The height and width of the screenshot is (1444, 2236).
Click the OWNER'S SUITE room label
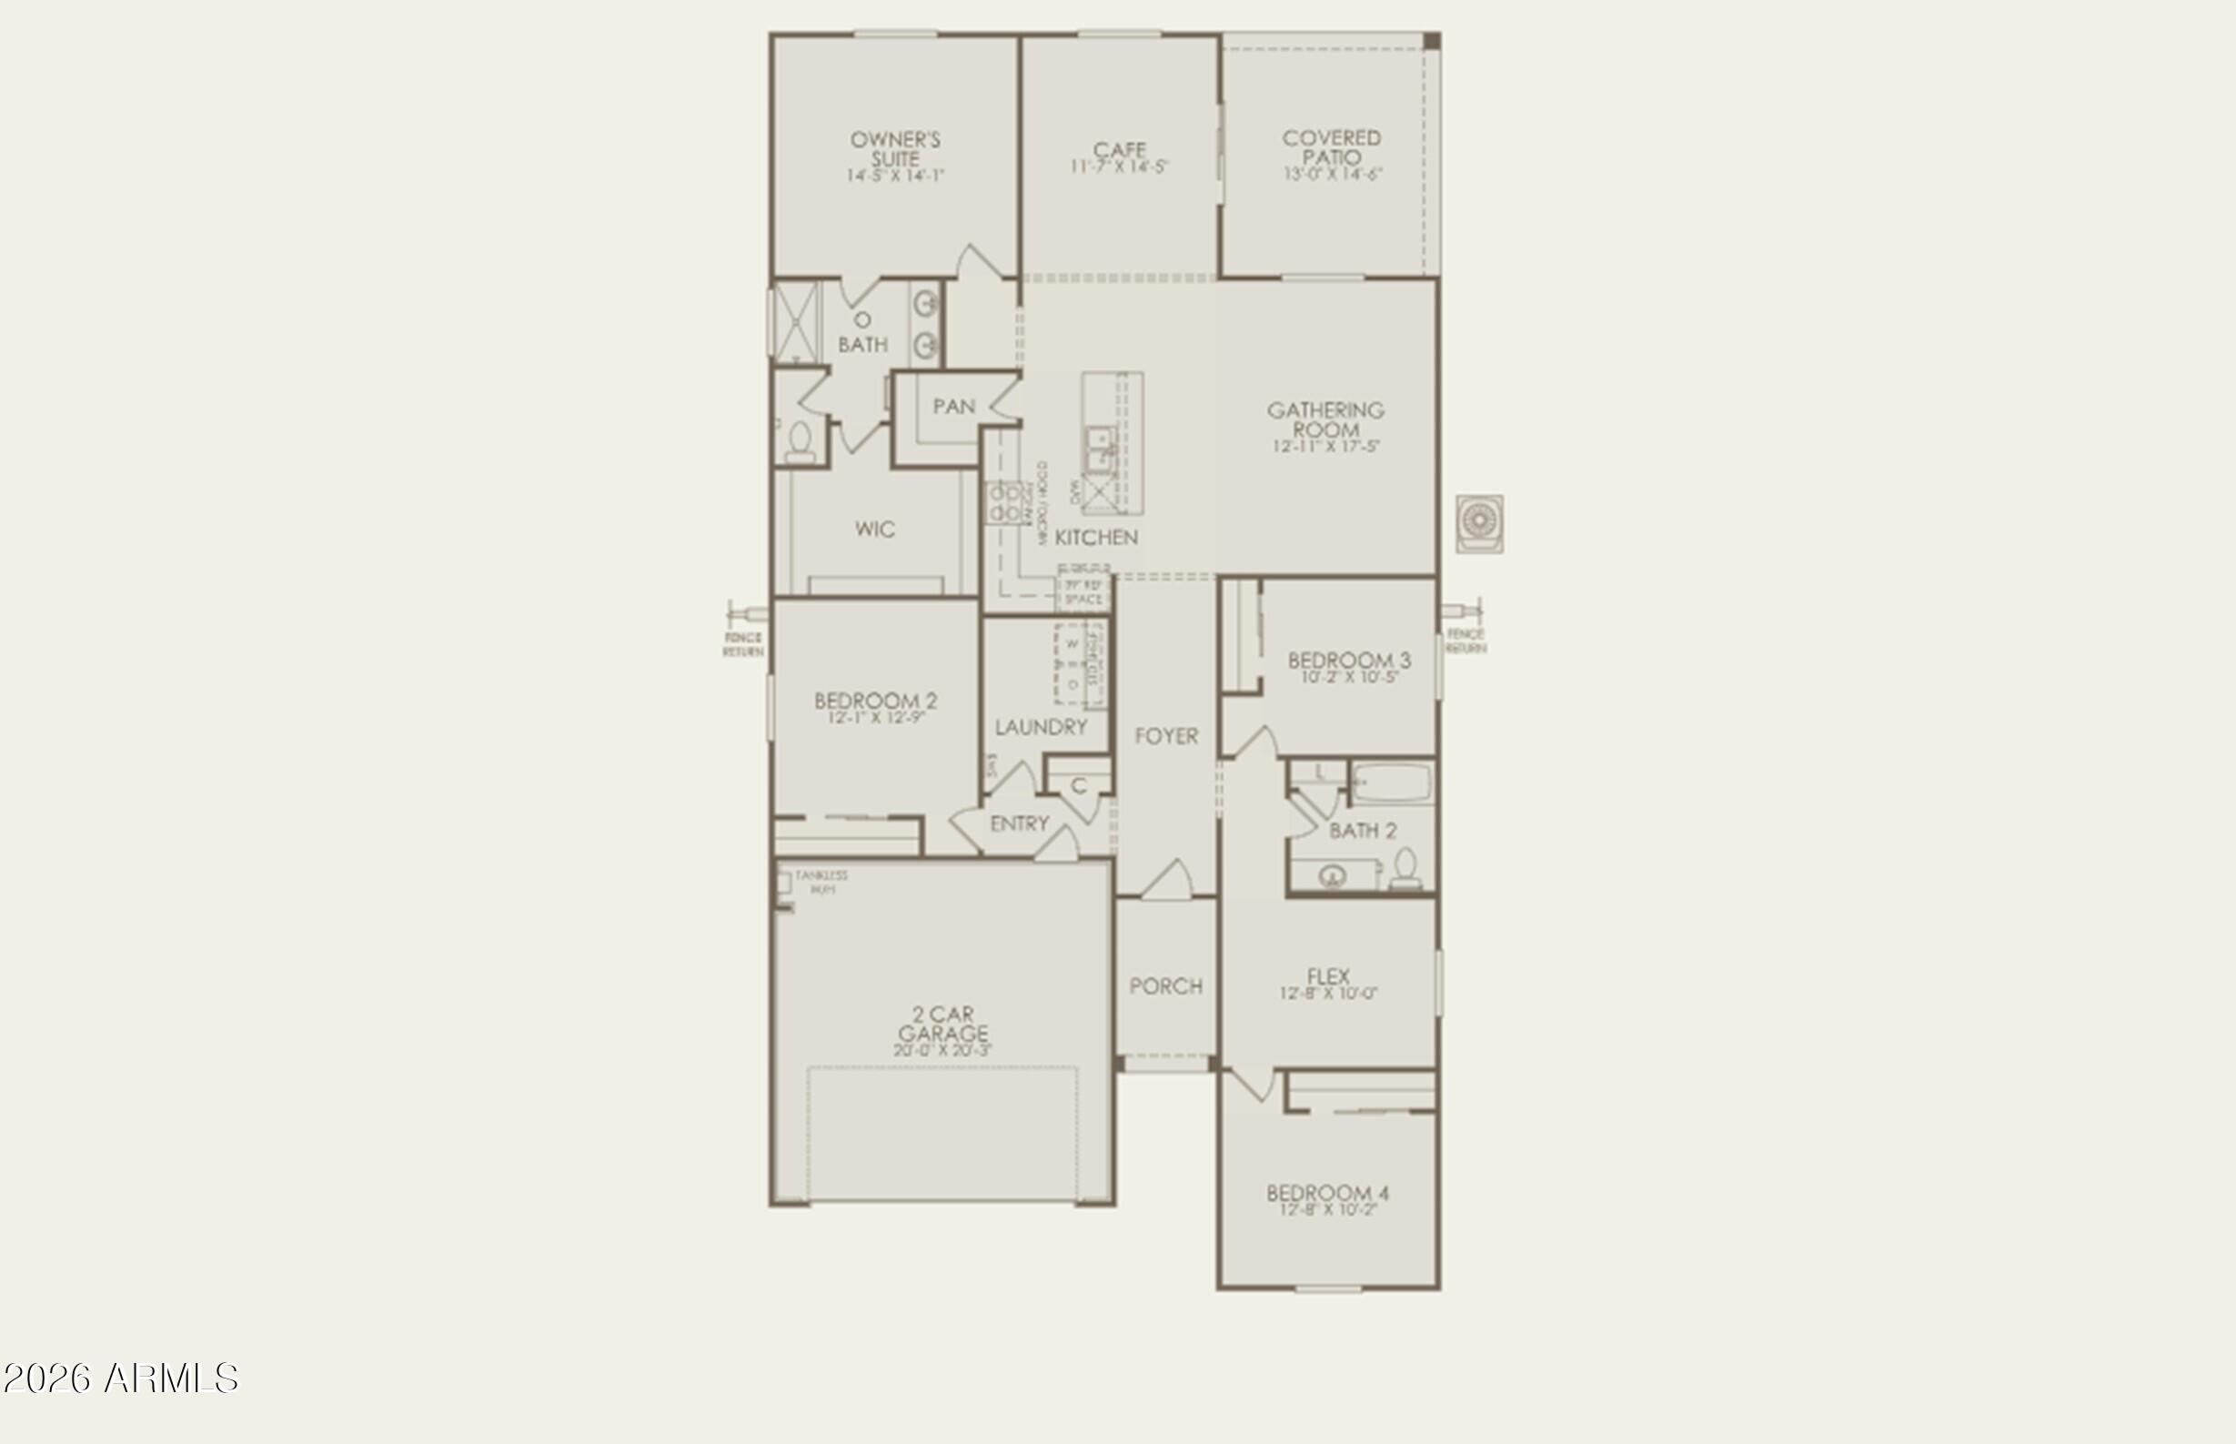[895, 149]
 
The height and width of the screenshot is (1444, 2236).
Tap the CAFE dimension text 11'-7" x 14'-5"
[1120, 167]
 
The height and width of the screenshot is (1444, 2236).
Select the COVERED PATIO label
[1331, 148]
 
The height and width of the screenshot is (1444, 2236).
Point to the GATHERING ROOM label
[1325, 419]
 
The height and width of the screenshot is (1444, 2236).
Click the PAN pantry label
[953, 406]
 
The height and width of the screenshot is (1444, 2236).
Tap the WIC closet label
[875, 529]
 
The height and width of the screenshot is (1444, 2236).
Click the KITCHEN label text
[1096, 537]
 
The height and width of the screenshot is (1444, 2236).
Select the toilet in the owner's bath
[800, 441]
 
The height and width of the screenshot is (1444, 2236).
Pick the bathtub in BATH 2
[1392, 782]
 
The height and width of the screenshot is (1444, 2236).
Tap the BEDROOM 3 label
[1348, 660]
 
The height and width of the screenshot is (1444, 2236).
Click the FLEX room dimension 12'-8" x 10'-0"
[1328, 993]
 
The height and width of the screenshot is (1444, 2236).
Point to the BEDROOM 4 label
[1327, 1193]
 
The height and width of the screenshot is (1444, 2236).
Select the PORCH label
[1165, 985]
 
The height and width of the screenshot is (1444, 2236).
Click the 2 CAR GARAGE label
[942, 1023]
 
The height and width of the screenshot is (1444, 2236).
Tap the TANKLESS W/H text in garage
[821, 882]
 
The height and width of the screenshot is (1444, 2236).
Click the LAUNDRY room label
[1041, 727]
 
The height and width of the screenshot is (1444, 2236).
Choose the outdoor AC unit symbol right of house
[1479, 523]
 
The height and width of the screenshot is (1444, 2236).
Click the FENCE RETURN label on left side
[742, 644]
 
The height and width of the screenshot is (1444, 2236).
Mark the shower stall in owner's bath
[795, 321]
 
